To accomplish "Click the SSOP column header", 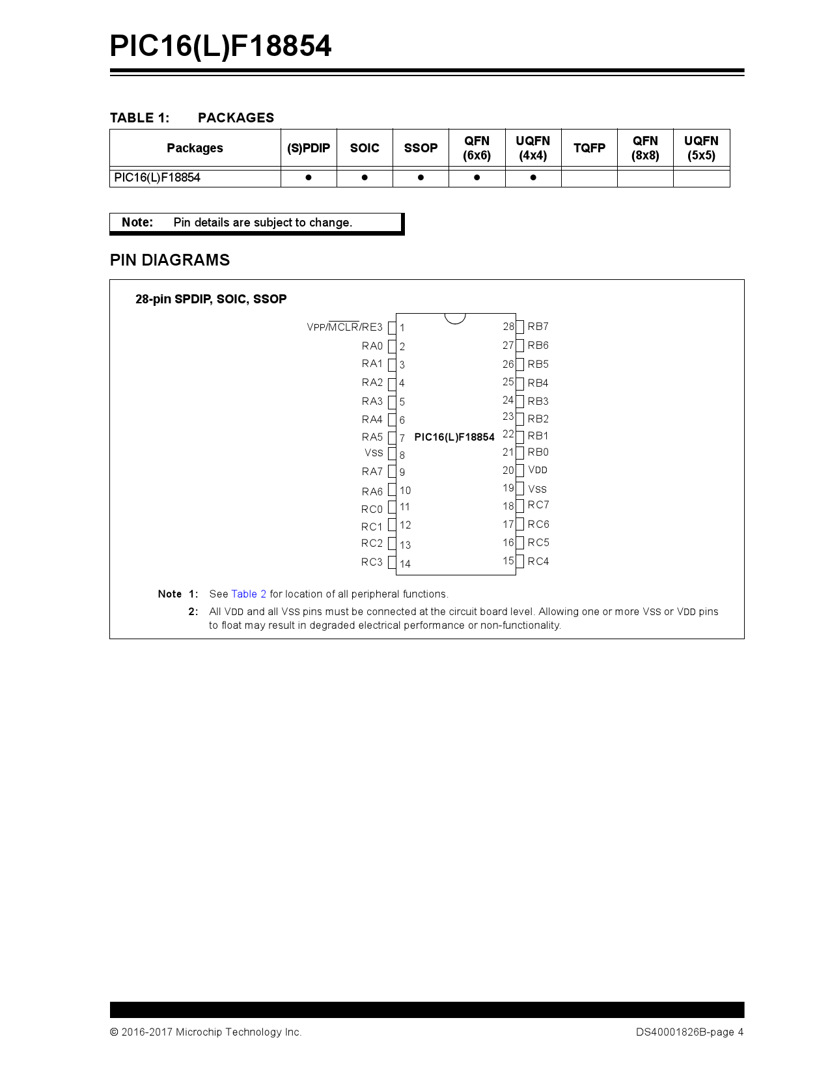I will click(x=421, y=148).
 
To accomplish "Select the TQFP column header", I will click(x=589, y=148).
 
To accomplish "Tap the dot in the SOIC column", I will click(x=365, y=177).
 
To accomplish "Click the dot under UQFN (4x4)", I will click(x=533, y=177).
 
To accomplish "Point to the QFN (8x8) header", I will click(x=645, y=148).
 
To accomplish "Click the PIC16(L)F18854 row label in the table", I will click(x=157, y=177).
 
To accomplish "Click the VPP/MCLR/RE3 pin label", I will click(x=344, y=327).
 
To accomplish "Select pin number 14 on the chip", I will click(x=405, y=564).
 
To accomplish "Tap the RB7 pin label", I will click(x=538, y=326).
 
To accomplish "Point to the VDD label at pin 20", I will click(x=538, y=470).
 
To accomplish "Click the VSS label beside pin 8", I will click(x=374, y=453).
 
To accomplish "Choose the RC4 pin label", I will click(x=538, y=561).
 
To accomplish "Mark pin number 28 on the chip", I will click(x=508, y=326).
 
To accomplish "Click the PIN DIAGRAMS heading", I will click(x=170, y=260).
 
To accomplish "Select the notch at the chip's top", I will click(x=455, y=318).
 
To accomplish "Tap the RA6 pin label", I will click(x=372, y=491).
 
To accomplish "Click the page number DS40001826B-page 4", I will click(x=689, y=1032).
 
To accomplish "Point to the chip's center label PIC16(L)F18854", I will click(x=454, y=437).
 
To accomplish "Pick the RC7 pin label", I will click(x=538, y=505).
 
